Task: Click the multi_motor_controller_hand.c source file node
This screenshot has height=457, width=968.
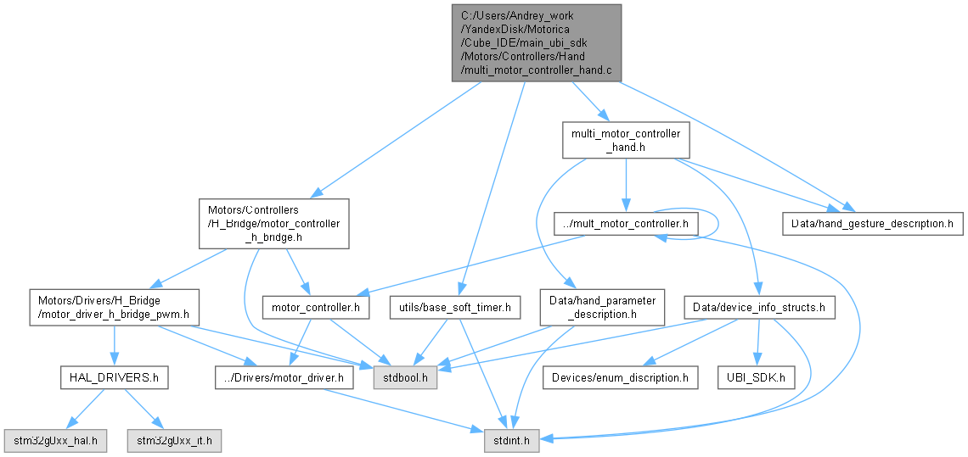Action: tap(536, 42)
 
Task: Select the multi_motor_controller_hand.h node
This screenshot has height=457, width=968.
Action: tap(625, 141)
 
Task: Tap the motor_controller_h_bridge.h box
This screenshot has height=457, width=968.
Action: tap(273, 224)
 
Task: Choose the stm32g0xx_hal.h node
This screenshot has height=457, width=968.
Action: tap(56, 441)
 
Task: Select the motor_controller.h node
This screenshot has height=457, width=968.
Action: tap(316, 308)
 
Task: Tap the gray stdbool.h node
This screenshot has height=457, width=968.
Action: tap(405, 376)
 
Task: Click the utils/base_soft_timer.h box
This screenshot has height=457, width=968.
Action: tap(454, 308)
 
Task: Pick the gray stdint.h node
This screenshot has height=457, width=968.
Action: tap(513, 441)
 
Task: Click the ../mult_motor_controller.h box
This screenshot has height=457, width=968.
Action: tap(626, 224)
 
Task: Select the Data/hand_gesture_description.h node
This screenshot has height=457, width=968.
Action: tap(872, 224)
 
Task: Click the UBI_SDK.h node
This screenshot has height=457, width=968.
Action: tap(756, 376)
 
